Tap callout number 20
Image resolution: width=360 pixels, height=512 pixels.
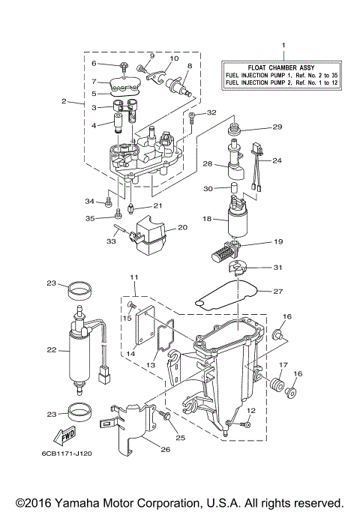(x=181, y=228)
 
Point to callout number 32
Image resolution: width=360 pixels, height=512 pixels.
(x=211, y=112)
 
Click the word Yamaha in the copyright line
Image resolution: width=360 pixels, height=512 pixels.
(x=89, y=502)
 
